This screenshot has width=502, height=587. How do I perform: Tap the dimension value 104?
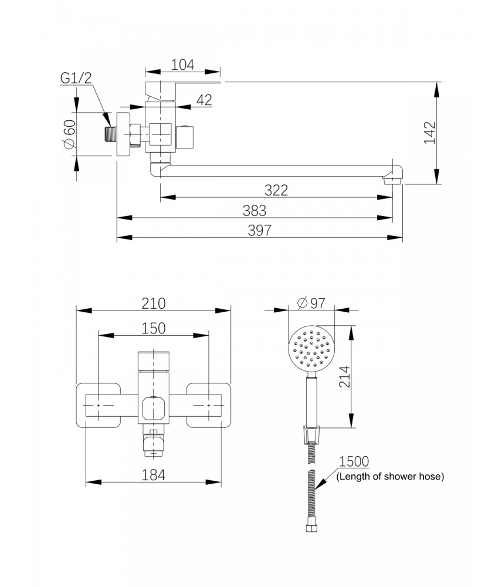[x=182, y=64]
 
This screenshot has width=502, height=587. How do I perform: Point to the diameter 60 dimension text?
[x=69, y=134]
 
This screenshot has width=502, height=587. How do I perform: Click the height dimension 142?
[x=430, y=133]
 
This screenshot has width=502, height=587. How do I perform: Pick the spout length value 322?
[x=276, y=190]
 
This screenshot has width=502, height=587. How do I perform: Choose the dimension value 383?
[x=255, y=210]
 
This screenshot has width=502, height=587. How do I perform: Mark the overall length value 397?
[x=259, y=230]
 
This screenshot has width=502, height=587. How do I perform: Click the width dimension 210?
[x=154, y=303]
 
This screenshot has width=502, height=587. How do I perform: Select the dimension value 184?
[x=154, y=475]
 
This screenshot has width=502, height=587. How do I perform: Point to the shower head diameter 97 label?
[x=311, y=303]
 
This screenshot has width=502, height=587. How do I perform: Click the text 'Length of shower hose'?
[x=390, y=477]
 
